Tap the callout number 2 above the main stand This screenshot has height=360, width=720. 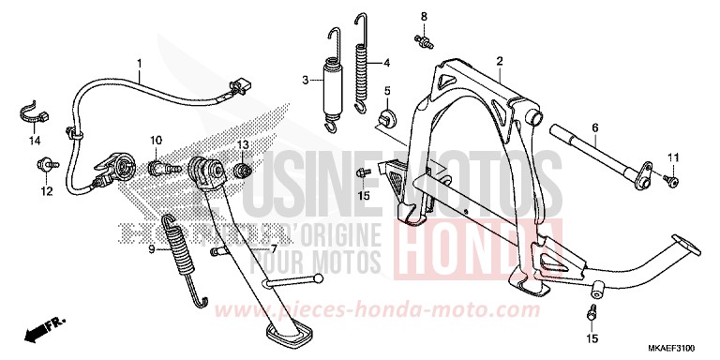(500, 62)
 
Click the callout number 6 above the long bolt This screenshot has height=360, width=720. (593, 127)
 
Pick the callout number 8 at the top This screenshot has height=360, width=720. (423, 17)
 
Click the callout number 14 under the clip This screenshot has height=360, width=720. (35, 142)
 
